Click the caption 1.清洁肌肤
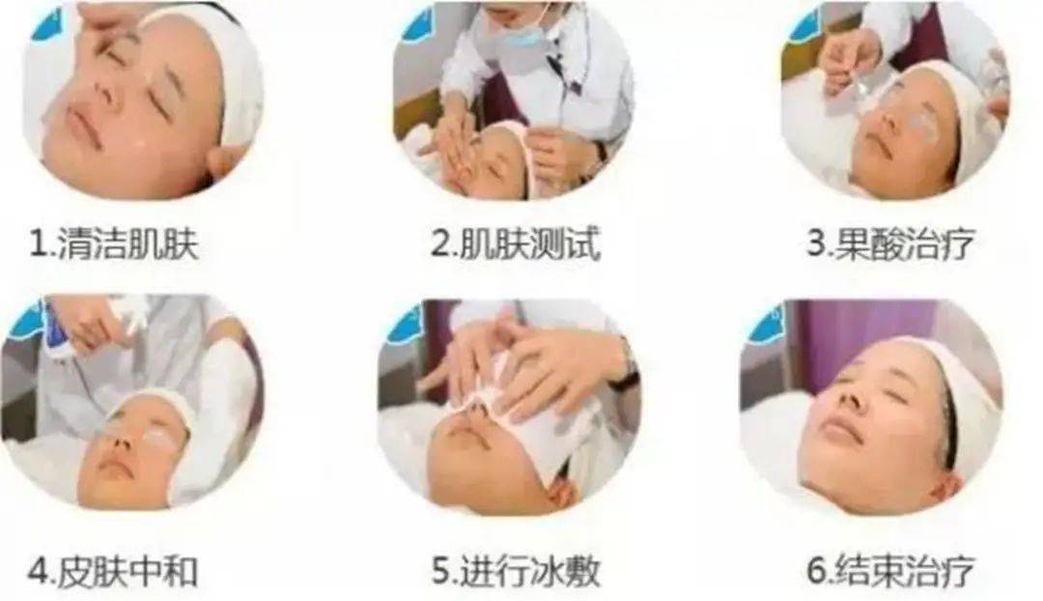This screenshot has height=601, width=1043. point(114,244)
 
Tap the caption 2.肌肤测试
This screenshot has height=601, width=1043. point(515,243)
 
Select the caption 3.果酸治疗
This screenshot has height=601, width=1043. point(890,243)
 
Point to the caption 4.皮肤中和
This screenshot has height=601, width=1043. point(113,571)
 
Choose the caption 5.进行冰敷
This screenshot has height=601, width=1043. point(516,571)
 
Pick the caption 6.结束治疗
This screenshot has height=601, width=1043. point(890,571)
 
